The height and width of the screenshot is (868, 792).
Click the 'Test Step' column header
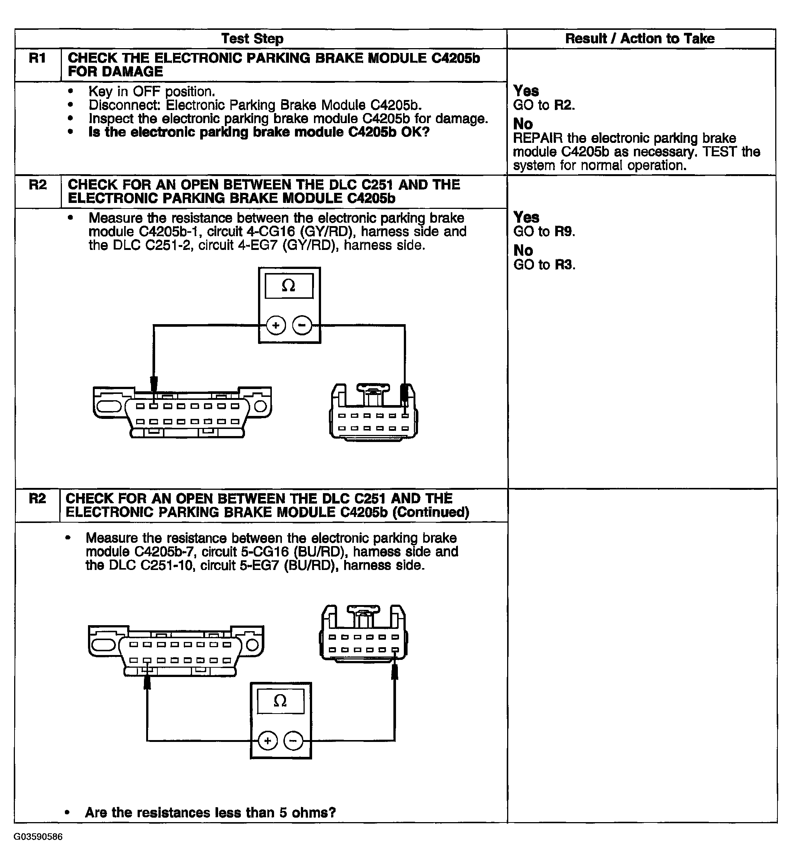tap(252, 39)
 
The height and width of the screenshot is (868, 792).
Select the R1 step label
tap(37, 58)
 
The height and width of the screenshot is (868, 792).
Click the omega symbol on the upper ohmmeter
tap(288, 285)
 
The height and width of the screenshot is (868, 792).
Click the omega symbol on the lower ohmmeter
tap(280, 701)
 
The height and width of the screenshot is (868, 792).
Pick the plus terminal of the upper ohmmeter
tap(276, 325)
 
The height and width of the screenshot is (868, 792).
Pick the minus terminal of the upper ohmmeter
tap(302, 325)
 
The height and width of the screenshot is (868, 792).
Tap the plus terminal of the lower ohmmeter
tap(268, 740)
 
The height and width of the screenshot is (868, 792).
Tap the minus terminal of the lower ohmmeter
tap(293, 740)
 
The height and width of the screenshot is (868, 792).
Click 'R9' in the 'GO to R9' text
tap(564, 232)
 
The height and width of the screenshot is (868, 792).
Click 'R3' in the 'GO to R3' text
tap(564, 265)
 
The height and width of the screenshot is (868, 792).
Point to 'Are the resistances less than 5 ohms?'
tap(210, 812)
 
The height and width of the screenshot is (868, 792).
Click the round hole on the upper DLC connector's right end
tap(260, 406)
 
